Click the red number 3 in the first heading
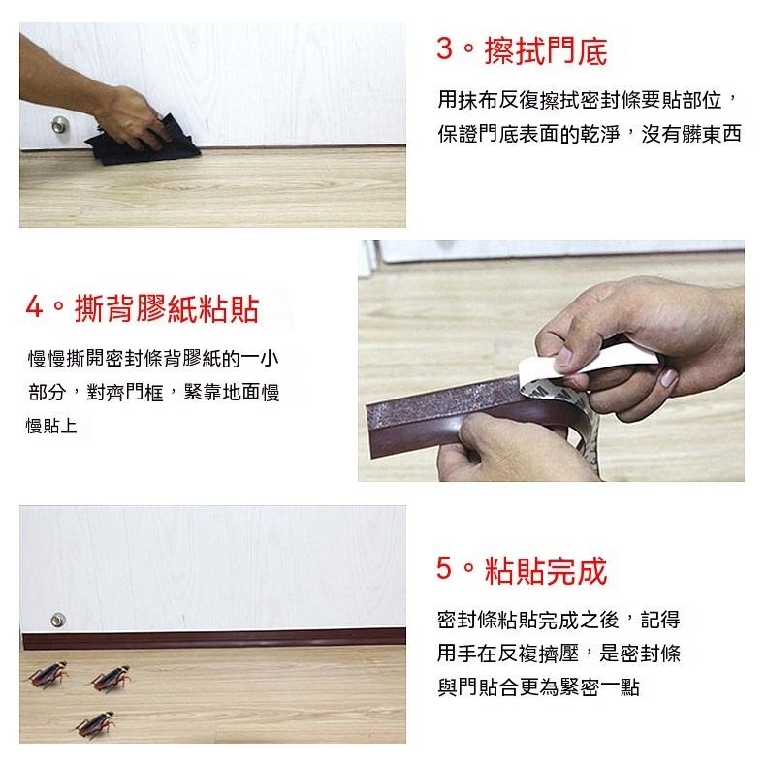pyautogui.click(x=445, y=50)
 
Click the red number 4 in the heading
pyautogui.click(x=35, y=309)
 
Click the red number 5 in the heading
pyautogui.click(x=445, y=570)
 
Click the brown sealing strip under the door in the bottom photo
pyautogui.click(x=213, y=641)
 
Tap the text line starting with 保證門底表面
pyautogui.click(x=589, y=134)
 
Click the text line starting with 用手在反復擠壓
pyautogui.click(x=559, y=654)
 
